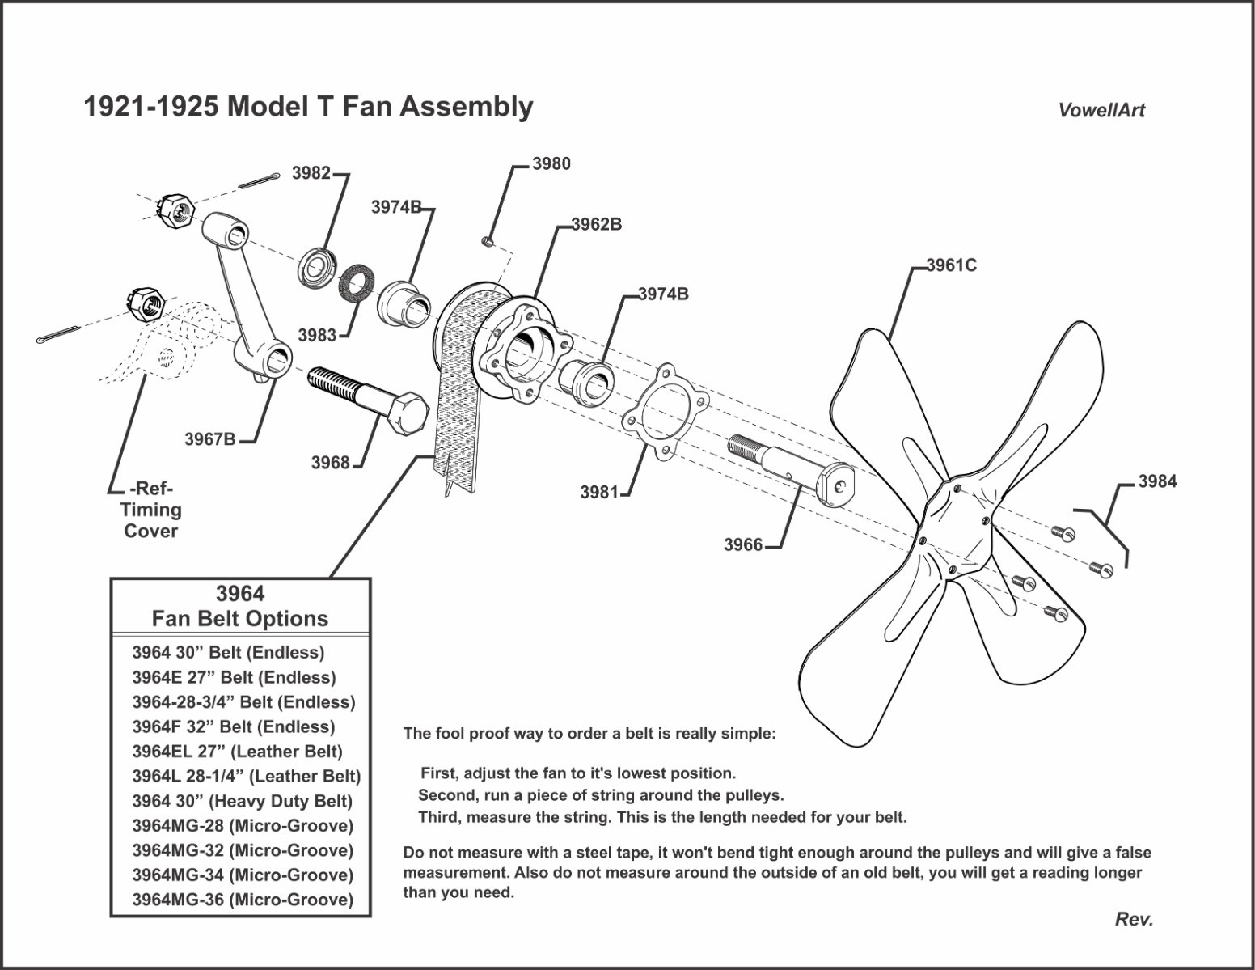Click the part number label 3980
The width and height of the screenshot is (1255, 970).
(551, 164)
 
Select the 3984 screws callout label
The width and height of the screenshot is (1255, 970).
(1157, 481)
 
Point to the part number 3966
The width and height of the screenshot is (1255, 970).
(743, 545)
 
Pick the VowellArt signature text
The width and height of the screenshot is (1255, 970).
(1101, 111)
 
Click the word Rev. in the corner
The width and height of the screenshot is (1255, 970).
(1134, 919)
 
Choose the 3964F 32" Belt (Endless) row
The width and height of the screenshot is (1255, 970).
(233, 726)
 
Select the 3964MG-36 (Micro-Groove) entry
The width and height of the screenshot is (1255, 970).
(243, 900)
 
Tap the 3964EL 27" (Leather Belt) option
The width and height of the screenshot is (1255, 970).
(237, 752)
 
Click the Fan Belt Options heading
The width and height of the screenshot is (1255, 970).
(240, 619)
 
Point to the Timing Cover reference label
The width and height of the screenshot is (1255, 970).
(150, 510)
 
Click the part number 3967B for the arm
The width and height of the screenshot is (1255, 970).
(210, 439)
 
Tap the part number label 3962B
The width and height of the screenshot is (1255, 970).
(597, 225)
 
